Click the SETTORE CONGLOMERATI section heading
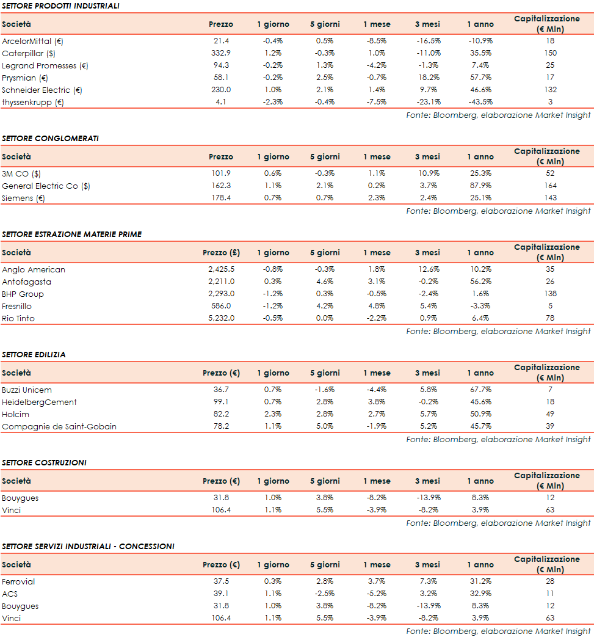pos(50,138)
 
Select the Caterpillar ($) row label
pos(29,53)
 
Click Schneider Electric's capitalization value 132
pos(550,90)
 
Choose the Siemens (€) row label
pos(23,198)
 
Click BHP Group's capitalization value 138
pos(550,294)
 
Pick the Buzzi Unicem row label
pos(27,390)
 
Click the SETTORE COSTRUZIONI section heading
pos(44,462)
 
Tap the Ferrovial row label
pos(18,581)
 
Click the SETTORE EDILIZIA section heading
pos(34,354)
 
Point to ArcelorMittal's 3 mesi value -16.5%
pos(427,41)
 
